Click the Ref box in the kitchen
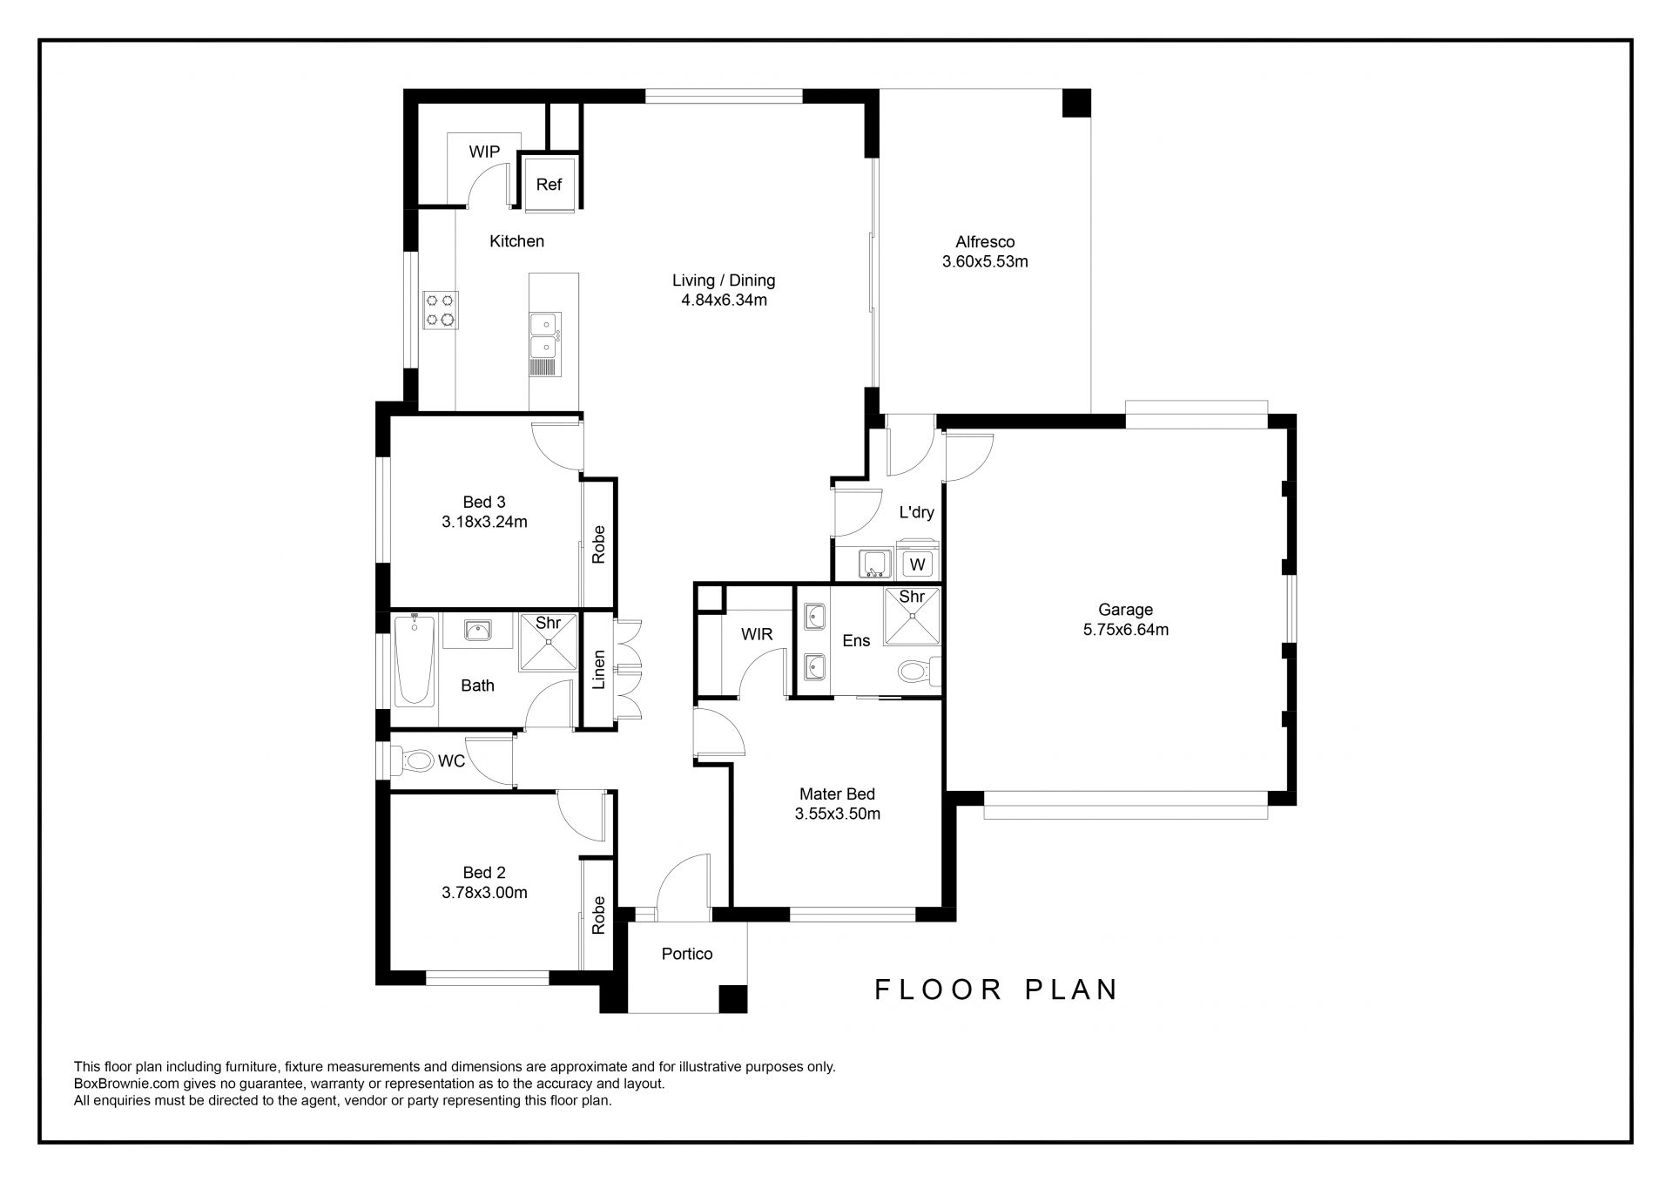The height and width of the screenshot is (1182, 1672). pos(549,183)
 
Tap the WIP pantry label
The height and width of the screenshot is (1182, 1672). pos(484,152)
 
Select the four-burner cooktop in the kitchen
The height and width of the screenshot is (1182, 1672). pos(440,310)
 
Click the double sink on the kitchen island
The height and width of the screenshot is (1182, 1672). pos(545,335)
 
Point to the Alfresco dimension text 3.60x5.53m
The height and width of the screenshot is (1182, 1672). pos(985,261)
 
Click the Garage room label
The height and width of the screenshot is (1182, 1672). pos(1125,610)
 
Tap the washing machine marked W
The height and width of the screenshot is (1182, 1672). pos(917,564)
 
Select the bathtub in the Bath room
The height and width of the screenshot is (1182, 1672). pos(414,659)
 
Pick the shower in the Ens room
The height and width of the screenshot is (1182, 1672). pos(912,616)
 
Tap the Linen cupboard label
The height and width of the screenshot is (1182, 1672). pos(598,670)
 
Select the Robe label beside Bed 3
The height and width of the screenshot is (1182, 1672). pos(598,544)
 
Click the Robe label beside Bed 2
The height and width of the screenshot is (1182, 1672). pos(598,915)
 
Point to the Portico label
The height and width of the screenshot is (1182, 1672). pos(687,954)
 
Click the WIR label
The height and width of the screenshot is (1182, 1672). pos(757,634)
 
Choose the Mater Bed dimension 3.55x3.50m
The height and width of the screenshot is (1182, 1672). pos(837,814)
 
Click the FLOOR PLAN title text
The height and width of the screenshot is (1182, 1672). pos(996,990)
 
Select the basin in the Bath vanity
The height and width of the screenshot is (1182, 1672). pos(475,630)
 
